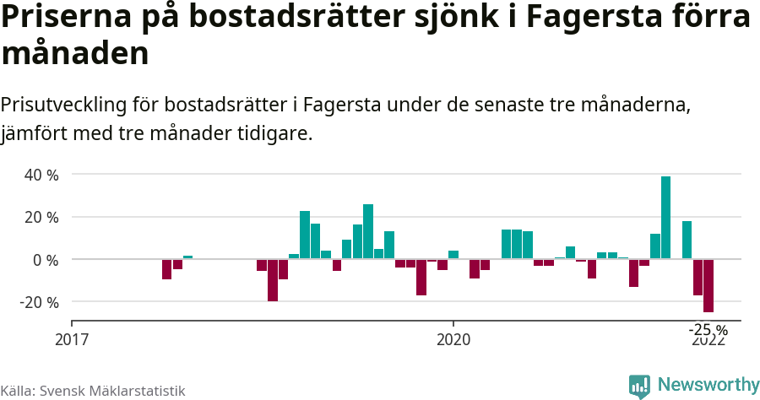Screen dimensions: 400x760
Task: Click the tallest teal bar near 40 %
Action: point(665,217)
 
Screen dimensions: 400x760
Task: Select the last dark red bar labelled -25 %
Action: point(708,285)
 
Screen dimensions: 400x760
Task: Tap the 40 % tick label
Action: point(41,175)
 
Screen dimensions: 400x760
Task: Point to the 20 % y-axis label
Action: point(41,217)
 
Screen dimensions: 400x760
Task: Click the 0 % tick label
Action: point(45,260)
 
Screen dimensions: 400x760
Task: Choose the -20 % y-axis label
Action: point(38,302)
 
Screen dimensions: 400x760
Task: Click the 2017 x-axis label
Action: point(72,340)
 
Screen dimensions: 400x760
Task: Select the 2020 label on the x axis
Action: point(453,340)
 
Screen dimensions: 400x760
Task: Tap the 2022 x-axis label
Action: point(708,341)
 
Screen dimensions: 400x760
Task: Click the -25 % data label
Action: point(708,329)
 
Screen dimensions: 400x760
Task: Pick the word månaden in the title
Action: point(75,54)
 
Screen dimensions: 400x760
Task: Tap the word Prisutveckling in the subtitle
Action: point(64,105)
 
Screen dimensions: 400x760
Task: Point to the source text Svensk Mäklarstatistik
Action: point(112,391)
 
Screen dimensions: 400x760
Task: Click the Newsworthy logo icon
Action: point(639,386)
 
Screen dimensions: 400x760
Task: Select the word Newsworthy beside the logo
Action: point(708,385)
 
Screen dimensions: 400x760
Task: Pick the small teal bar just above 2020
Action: point(453,255)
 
